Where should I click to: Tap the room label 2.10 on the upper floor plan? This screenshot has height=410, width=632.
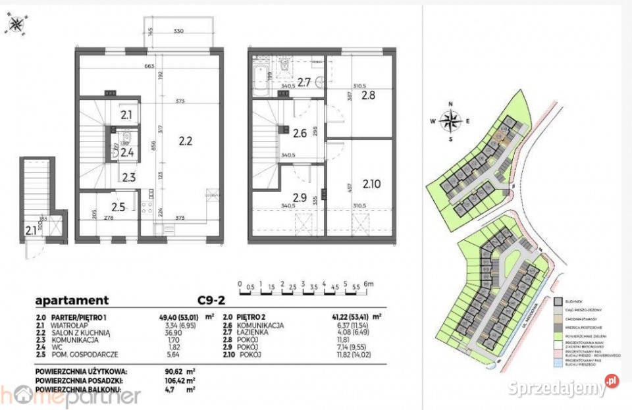click(x=371, y=184)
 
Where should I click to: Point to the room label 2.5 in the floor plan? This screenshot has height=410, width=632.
click(x=118, y=209)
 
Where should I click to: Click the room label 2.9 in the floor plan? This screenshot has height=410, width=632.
click(x=300, y=197)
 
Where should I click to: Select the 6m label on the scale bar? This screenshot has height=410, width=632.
click(x=371, y=284)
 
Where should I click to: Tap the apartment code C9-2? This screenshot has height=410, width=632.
click(x=211, y=300)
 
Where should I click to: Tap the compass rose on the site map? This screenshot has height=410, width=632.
click(x=451, y=121)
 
